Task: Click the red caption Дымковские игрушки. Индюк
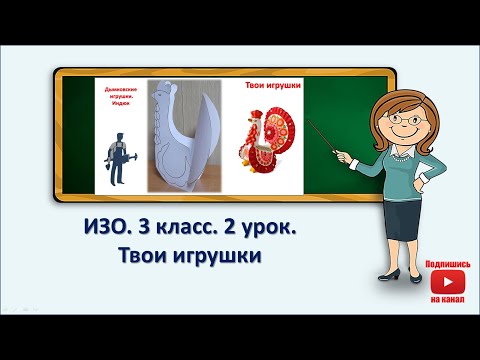click(120, 95)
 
